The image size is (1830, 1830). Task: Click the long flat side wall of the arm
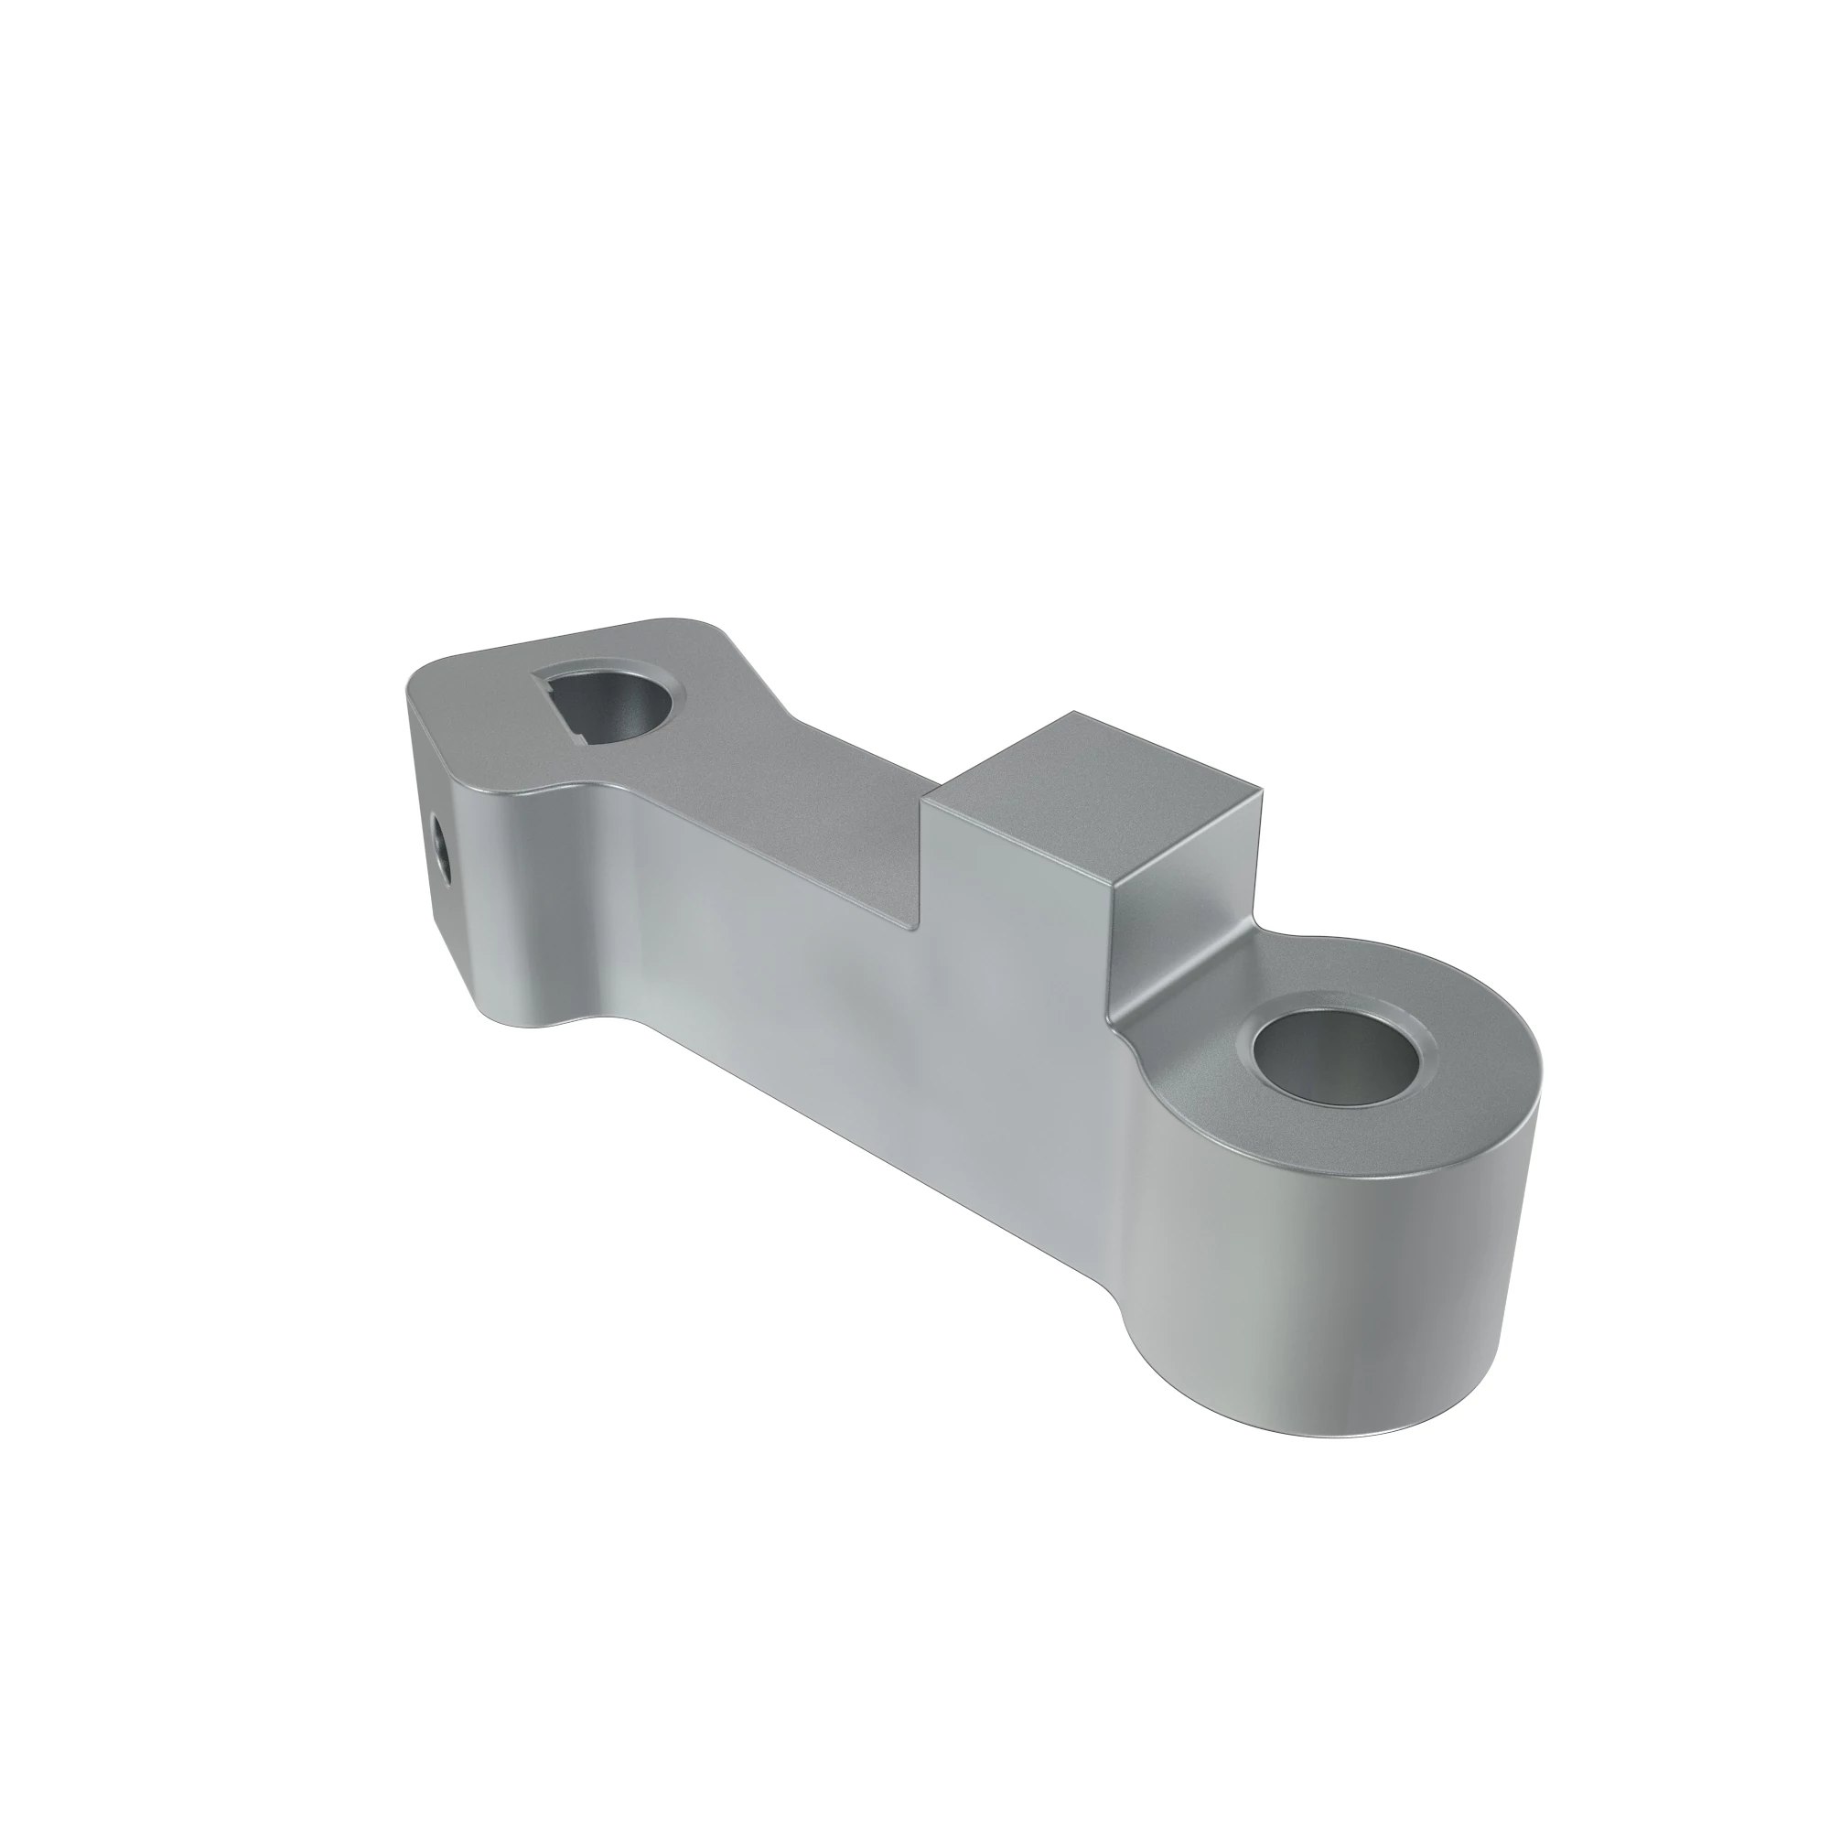[x=805, y=995]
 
